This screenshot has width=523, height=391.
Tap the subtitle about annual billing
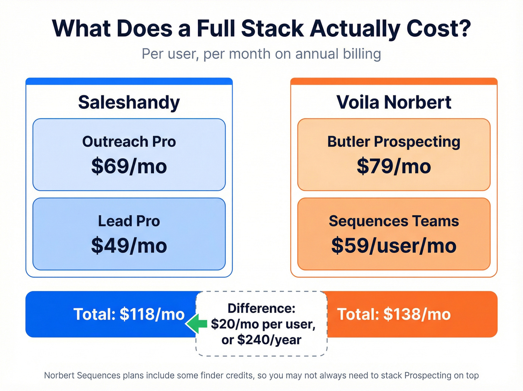(x=261, y=54)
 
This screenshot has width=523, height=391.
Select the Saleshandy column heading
(x=129, y=102)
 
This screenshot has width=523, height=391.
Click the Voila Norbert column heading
(x=394, y=102)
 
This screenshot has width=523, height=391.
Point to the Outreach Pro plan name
(x=129, y=142)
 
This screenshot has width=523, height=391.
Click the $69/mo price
(x=129, y=166)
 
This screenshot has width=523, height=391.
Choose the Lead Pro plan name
(x=129, y=221)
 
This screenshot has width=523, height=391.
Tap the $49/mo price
(x=129, y=246)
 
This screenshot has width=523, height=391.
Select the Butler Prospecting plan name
(x=394, y=142)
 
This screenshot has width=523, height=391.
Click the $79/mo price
(x=394, y=166)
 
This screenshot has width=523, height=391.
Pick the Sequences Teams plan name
(x=394, y=221)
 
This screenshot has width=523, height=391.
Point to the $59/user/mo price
(x=394, y=246)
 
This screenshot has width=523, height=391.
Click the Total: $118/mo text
(x=129, y=314)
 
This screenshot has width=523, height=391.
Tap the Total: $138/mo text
(x=394, y=314)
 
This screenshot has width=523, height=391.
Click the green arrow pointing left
(x=196, y=324)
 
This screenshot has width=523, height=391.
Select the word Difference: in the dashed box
(x=261, y=308)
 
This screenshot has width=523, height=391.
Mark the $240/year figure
(x=269, y=340)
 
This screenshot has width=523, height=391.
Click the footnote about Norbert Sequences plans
(x=261, y=375)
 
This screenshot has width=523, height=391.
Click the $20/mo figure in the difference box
(x=235, y=324)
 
